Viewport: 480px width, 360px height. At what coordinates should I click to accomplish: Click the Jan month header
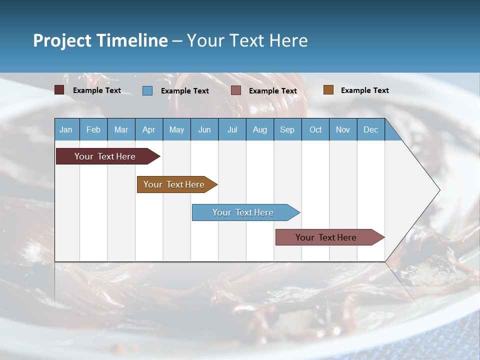66,129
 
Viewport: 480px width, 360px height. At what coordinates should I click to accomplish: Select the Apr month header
148,129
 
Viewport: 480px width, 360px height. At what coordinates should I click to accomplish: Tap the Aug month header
259,129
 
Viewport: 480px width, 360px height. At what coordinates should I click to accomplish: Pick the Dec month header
370,129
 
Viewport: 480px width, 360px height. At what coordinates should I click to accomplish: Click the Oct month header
315,129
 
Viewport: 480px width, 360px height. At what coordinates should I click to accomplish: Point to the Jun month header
204,129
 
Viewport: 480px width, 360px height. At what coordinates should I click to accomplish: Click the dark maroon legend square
59,90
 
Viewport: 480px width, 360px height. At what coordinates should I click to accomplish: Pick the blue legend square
147,90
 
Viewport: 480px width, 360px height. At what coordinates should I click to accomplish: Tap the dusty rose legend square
236,90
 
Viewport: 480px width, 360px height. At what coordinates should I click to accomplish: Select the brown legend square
328,90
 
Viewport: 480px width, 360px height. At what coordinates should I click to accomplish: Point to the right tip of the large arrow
439,190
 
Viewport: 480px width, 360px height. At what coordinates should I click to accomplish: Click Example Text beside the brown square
364,90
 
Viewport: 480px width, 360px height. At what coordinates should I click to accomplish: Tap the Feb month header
93,129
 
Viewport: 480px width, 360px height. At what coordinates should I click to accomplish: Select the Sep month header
287,129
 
